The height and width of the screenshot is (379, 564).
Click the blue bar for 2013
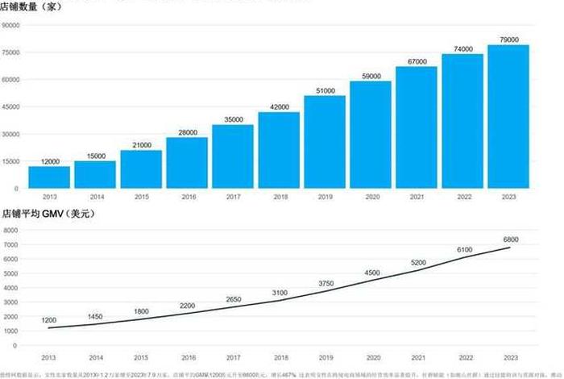click(49, 177)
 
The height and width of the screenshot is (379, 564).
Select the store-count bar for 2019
click(325, 141)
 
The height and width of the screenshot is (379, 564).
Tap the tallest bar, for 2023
click(508, 116)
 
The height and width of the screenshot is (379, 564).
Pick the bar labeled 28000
click(187, 162)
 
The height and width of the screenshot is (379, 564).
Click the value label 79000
click(508, 40)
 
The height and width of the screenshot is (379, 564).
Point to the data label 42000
click(279, 106)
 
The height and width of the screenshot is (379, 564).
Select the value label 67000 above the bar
click(417, 61)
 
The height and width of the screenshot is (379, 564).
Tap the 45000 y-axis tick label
click(12, 106)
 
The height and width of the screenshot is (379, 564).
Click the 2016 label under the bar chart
click(187, 196)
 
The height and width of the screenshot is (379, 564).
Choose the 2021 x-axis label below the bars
click(417, 196)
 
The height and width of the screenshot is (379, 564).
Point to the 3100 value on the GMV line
click(279, 292)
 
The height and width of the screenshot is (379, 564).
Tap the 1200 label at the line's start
click(49, 320)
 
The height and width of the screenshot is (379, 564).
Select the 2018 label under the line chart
click(279, 356)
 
